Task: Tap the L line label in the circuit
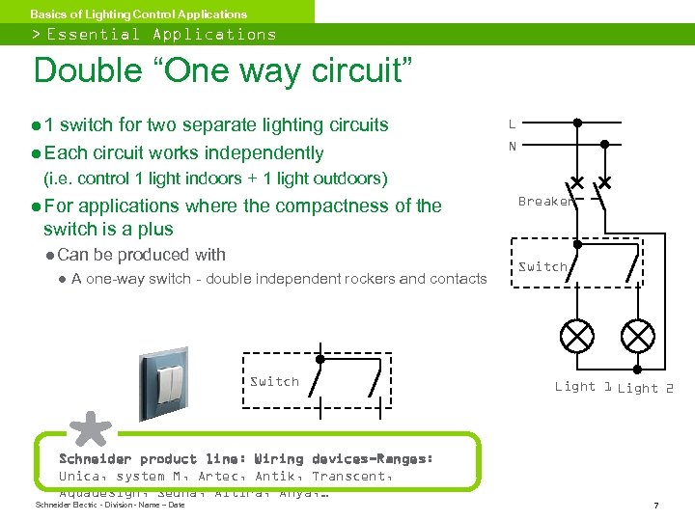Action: (x=512, y=123)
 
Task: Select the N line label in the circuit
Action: (x=512, y=147)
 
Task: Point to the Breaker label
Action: (x=546, y=202)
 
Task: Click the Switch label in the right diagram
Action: (x=542, y=266)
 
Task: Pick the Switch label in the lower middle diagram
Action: (x=274, y=381)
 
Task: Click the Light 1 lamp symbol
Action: (x=578, y=336)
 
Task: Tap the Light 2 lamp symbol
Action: (x=637, y=336)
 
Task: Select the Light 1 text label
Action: (x=583, y=387)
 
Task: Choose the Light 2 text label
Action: (x=646, y=389)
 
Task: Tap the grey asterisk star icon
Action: (x=89, y=431)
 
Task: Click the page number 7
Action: (x=655, y=506)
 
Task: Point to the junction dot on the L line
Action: (x=577, y=123)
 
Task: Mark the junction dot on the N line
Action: (x=605, y=144)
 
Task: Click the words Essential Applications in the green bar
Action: (x=161, y=35)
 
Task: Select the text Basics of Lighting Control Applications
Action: (x=138, y=14)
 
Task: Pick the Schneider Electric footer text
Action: (x=109, y=506)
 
